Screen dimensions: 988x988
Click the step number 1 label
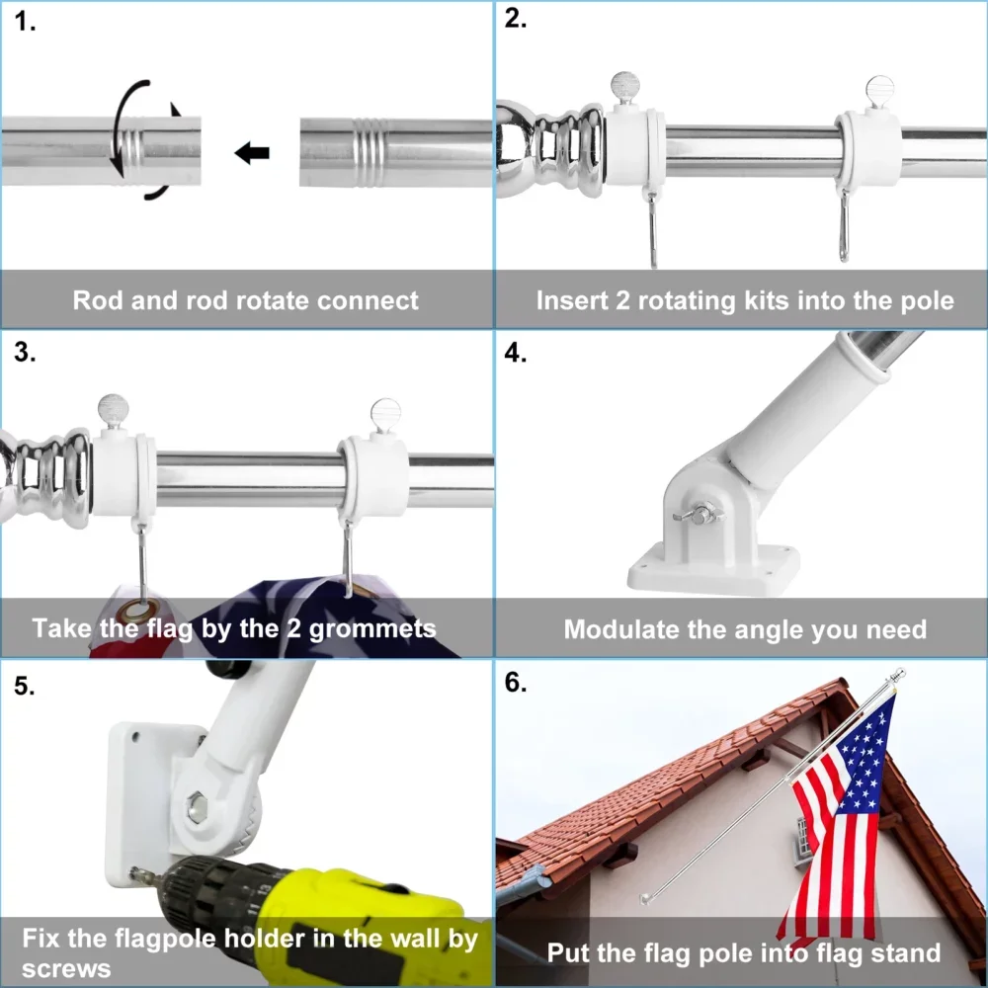26,23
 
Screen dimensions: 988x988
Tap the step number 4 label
516,353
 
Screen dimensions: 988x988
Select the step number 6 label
516,683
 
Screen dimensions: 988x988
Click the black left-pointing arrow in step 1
252,153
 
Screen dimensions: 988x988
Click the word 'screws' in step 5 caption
66,968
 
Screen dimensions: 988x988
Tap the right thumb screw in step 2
879,94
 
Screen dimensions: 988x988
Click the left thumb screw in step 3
113,409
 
